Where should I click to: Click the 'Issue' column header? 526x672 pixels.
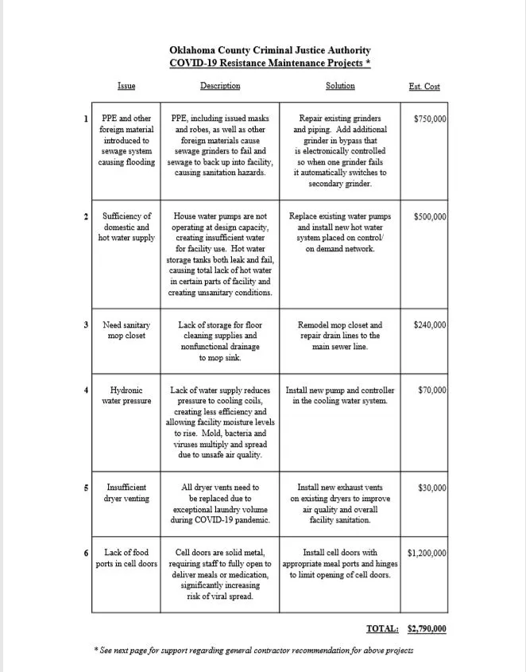point(126,86)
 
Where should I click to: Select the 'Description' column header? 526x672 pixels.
point(219,86)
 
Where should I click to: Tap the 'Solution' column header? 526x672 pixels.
point(340,86)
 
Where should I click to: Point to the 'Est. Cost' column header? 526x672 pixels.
point(424,87)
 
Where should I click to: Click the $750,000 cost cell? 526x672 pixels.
point(430,119)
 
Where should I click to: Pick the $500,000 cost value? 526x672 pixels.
point(430,216)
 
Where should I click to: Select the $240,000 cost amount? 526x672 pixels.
point(430,325)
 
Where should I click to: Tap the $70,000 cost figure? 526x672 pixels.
point(432,390)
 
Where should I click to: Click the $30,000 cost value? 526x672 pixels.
point(432,487)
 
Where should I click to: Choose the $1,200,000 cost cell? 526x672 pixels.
point(427,553)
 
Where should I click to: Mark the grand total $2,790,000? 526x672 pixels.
point(427,629)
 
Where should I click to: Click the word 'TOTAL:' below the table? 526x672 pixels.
point(382,629)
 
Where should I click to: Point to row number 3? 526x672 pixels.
point(86,325)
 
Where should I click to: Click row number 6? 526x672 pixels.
point(86,553)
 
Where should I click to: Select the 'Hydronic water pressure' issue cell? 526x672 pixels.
point(126,395)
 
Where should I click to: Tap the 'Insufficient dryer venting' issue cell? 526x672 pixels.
point(126,493)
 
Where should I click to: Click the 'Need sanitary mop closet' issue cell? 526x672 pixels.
point(126,330)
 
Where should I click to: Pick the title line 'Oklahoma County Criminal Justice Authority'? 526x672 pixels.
point(270,50)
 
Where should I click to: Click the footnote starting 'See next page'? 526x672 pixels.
point(253,650)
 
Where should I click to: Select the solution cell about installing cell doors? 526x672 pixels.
point(340,563)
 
